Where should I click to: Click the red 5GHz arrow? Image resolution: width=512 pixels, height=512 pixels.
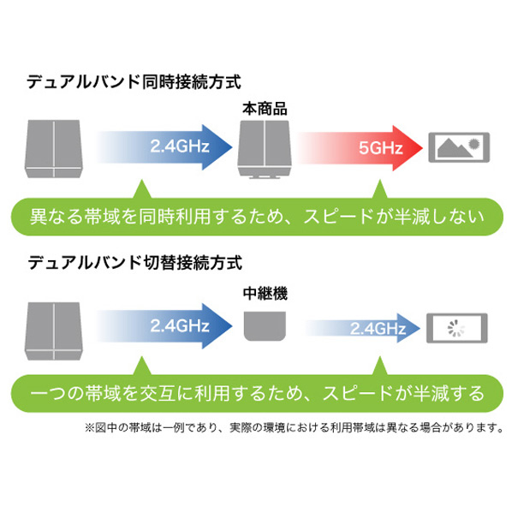pos(360,148)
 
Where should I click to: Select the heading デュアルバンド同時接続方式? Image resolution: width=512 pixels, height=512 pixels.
pos(134,81)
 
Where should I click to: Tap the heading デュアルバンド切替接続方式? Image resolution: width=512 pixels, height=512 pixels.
pos(135,263)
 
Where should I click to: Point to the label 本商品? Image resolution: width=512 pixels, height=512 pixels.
pos(265,109)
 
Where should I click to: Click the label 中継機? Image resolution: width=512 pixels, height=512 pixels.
pos(265,294)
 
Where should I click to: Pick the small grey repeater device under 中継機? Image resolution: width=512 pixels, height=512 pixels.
pos(265,326)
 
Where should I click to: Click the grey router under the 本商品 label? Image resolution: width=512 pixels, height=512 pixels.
pos(265,150)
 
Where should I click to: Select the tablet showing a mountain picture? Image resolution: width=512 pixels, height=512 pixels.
pos(459,147)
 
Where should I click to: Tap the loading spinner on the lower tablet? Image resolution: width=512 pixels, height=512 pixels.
pos(455,328)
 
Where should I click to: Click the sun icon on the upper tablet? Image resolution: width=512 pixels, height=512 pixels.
pos(473,143)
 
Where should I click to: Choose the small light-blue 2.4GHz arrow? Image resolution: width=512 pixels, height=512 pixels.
pos(362,328)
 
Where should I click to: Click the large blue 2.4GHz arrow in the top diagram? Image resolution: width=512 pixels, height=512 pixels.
pos(164,147)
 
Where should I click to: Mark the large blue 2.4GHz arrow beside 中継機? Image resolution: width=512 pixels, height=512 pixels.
pos(164,326)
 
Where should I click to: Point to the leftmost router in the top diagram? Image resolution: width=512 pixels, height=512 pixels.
pos(54,149)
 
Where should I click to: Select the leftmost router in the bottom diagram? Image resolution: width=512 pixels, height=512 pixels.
pos(54,331)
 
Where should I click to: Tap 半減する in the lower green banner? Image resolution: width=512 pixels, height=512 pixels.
pos(449,393)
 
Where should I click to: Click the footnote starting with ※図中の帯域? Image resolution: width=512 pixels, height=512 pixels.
pos(295,427)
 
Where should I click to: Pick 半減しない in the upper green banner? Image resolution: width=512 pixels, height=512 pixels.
pos(438,217)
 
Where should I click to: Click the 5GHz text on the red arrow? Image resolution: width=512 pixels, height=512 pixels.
pos(380,148)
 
